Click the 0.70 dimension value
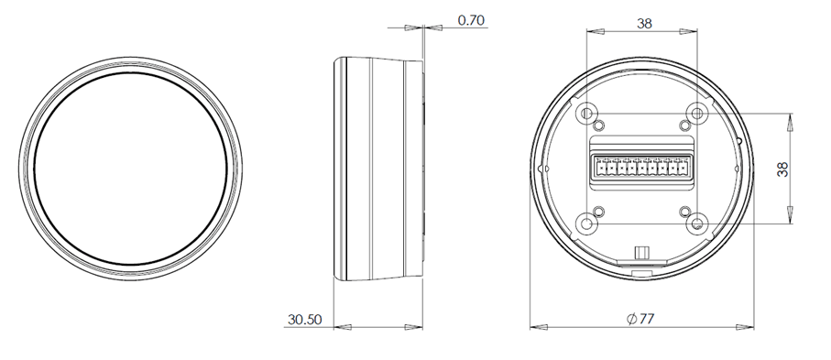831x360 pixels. click(x=471, y=20)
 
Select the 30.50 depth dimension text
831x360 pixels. click(x=305, y=320)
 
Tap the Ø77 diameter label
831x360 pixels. click(x=640, y=319)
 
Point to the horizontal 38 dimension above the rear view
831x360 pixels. click(x=644, y=23)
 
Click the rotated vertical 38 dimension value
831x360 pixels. click(x=782, y=169)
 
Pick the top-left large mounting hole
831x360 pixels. click(x=586, y=113)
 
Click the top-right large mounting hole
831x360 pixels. click(x=697, y=113)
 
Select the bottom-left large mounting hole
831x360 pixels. click(x=586, y=224)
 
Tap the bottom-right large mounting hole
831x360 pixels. click(x=697, y=224)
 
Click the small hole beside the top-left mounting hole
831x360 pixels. click(x=599, y=125)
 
